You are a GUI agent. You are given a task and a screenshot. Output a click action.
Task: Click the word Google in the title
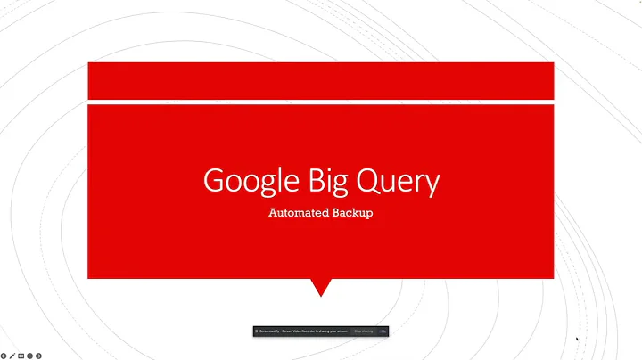(245, 181)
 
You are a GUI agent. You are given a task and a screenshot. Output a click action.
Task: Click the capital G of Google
(214, 181)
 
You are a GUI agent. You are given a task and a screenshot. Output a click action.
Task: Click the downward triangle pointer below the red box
(320, 287)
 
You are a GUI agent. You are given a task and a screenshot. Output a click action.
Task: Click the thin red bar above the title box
(320, 80)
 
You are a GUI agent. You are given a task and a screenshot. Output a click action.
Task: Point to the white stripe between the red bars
(320, 102)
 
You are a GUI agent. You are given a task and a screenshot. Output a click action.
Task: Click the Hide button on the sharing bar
(383, 331)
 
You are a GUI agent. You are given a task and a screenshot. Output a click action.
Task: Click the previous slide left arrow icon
(4, 355)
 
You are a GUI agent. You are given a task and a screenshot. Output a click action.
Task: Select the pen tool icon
(12, 355)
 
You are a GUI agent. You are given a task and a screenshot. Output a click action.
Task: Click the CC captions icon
(21, 355)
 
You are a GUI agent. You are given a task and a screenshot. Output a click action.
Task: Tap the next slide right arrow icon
(38, 355)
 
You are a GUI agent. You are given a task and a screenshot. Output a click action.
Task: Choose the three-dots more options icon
(29, 355)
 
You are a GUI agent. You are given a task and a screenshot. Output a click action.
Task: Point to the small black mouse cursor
(577, 339)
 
